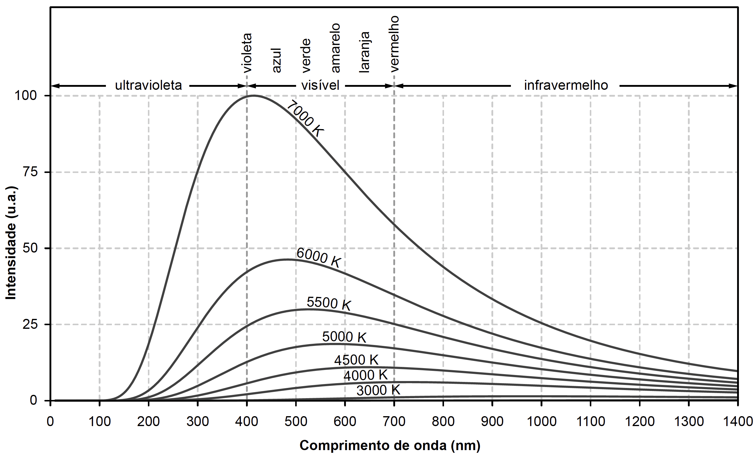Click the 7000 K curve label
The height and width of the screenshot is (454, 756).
click(x=305, y=119)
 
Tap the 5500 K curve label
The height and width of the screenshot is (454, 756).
click(x=329, y=303)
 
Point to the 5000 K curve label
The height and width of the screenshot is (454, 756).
click(x=344, y=337)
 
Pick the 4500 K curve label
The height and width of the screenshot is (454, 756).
click(x=356, y=360)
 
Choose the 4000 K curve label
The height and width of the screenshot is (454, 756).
click(x=365, y=375)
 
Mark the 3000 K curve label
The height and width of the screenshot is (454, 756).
click(x=378, y=390)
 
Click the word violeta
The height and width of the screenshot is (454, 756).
click(x=247, y=53)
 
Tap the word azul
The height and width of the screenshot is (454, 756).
click(x=276, y=60)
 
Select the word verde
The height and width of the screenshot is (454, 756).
click(x=306, y=55)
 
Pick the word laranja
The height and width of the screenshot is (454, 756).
click(x=364, y=52)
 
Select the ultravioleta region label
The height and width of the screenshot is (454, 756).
click(x=148, y=85)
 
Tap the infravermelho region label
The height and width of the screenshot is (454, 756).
click(x=566, y=85)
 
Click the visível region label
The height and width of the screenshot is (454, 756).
click(x=320, y=85)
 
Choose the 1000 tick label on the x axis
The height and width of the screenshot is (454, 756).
click(x=541, y=422)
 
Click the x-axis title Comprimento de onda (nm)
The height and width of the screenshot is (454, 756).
click(x=390, y=445)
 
